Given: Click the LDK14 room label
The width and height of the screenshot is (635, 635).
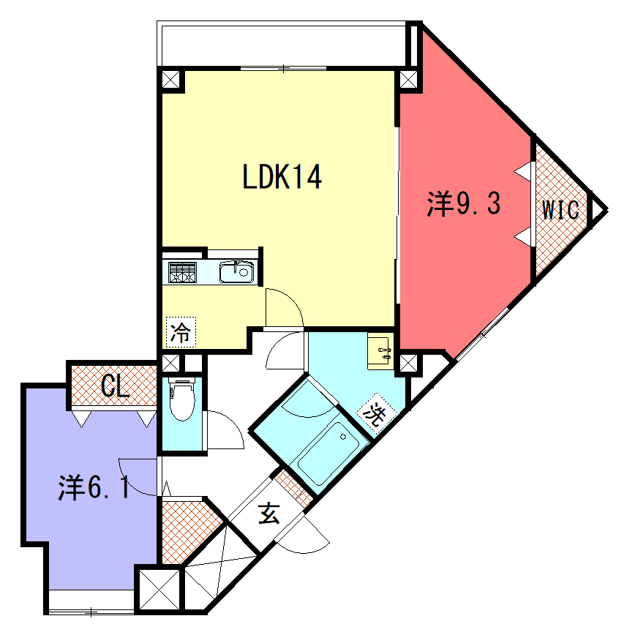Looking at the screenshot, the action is click(x=282, y=176).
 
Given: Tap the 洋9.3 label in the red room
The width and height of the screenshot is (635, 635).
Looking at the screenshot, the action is click(x=464, y=203).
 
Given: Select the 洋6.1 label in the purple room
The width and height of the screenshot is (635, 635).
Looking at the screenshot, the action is click(x=94, y=487).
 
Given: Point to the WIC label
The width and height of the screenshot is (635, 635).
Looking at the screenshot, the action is click(x=560, y=210).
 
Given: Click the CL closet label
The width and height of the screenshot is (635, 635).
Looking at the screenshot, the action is click(x=115, y=386).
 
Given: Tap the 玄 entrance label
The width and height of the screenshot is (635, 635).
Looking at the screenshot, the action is click(x=268, y=514).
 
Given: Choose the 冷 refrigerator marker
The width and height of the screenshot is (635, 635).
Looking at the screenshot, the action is click(x=181, y=332).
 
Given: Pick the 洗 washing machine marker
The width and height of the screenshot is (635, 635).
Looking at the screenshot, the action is click(x=375, y=413).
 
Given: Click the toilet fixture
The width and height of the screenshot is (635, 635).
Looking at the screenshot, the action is click(x=182, y=399).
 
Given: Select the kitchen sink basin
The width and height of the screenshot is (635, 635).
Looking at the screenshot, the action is click(x=236, y=271).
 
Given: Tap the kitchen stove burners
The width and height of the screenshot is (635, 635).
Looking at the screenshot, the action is click(x=182, y=272).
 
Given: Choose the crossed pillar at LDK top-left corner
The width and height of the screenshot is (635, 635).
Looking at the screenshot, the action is click(x=170, y=79).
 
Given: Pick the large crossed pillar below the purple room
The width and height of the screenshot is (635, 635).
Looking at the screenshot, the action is click(x=159, y=590).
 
